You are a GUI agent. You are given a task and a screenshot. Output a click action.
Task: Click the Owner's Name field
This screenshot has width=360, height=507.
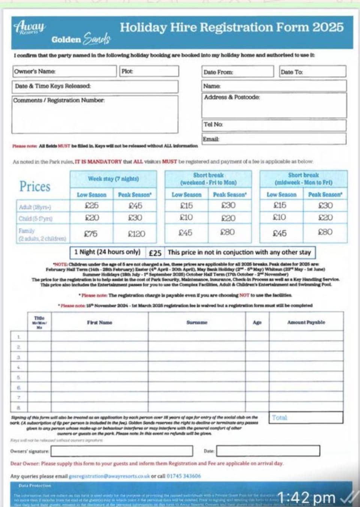(64, 71)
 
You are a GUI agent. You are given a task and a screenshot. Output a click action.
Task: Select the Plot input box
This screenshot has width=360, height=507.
(149, 71)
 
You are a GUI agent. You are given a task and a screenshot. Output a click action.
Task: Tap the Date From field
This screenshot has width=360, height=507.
(238, 72)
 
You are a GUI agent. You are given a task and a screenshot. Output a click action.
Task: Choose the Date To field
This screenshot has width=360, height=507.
(313, 72)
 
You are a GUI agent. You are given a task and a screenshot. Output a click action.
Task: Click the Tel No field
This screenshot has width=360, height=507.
(274, 125)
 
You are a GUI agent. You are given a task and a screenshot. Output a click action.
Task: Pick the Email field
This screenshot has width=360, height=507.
(274, 139)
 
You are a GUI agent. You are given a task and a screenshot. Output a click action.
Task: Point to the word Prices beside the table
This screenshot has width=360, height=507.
(35, 186)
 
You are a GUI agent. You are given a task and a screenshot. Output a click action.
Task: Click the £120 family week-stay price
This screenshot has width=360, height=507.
(136, 234)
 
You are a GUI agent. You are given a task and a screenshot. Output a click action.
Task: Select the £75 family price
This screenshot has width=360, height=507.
(91, 234)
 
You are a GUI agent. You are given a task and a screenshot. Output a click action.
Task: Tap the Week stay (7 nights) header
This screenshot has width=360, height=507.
(113, 179)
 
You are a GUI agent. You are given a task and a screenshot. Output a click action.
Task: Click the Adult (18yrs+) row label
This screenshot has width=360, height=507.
(35, 207)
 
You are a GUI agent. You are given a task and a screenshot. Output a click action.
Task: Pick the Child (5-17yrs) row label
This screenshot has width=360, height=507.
(36, 218)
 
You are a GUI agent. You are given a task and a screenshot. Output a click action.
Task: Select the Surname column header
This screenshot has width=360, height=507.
(197, 322)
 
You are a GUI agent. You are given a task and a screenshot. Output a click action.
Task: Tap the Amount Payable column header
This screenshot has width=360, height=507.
(306, 322)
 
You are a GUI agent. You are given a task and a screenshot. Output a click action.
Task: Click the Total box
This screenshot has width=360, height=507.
(306, 417)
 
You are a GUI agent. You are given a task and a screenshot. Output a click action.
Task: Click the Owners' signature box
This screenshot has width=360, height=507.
(122, 451)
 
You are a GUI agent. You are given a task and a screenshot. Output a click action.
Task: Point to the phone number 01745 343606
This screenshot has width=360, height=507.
(184, 476)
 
